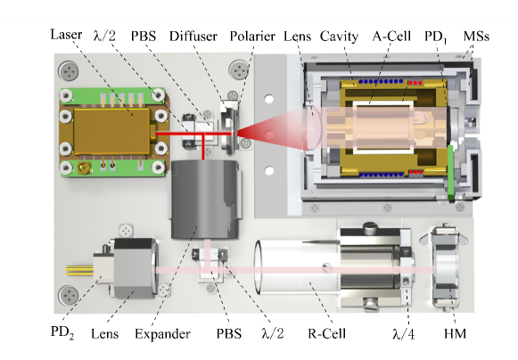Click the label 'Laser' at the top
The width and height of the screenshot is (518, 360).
tap(66, 35)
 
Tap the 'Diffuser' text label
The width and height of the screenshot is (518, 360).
tap(193, 37)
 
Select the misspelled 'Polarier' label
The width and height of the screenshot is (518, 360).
tap(252, 37)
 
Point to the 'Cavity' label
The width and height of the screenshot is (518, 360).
tap(339, 37)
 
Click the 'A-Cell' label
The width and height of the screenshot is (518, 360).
tap(391, 36)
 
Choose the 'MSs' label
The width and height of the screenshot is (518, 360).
tap(476, 36)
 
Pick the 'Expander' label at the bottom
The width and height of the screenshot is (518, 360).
tap(162, 334)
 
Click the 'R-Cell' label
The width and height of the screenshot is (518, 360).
tap(326, 333)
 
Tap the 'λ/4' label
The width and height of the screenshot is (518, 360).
tap(403, 334)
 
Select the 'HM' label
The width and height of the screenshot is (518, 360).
tap(456, 333)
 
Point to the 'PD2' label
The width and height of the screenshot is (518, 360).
tap(62, 332)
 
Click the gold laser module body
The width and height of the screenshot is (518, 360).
tap(111, 132)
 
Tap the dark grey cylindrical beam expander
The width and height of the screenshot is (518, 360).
tap(205, 199)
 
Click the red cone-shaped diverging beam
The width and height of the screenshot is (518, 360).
tap(275, 133)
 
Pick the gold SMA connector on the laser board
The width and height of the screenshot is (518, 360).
tap(84, 168)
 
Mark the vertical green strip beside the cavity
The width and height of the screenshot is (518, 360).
tap(450, 172)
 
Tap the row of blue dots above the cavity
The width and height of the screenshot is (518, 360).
tap(381, 81)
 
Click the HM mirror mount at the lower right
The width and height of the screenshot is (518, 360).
tap(445, 267)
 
